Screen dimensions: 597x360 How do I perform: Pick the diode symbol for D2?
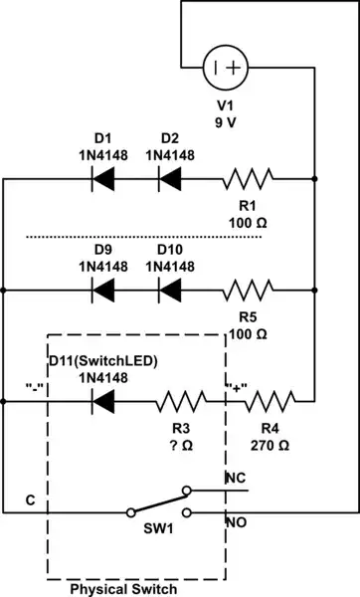pyautogui.click(x=170, y=179)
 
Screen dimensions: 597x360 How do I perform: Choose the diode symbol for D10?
pyautogui.click(x=170, y=291)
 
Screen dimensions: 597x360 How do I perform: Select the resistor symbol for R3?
pyautogui.click(x=181, y=403)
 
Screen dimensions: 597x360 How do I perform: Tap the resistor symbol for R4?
pyautogui.click(x=269, y=403)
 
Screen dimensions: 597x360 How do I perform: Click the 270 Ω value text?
pyautogui.click(x=269, y=448)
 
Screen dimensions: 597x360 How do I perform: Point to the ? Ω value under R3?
pyautogui.click(x=180, y=448)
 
